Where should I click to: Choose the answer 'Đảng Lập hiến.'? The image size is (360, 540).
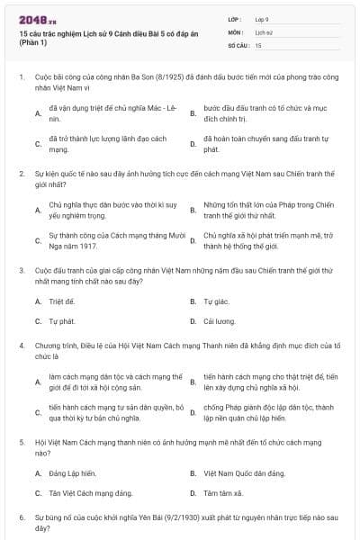click(x=72, y=472)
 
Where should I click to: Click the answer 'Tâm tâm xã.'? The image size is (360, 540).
click(x=221, y=492)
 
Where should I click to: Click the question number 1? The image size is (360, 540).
click(x=21, y=78)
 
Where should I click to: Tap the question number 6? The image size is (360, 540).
click(x=21, y=518)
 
